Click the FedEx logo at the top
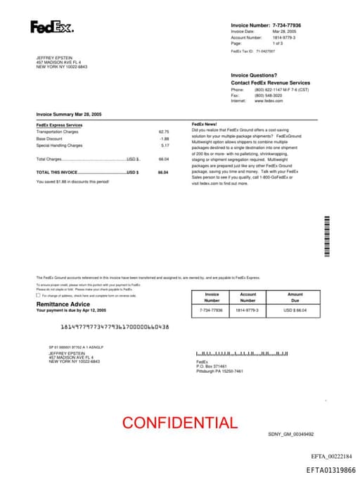pyautogui.click(x=51, y=27)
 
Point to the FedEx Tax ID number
pyautogui.click(x=266, y=51)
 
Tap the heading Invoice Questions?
pyautogui.click(x=254, y=75)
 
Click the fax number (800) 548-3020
pyautogui.click(x=269, y=96)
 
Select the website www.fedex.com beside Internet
pyautogui.click(x=269, y=101)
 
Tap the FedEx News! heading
pyautogui.click(x=204, y=125)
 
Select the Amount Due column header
pyautogui.click(x=295, y=297)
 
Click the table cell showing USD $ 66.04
pyautogui.click(x=295, y=310)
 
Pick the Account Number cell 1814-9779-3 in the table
pyautogui.click(x=247, y=310)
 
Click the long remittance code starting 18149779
pyautogui.click(x=115, y=326)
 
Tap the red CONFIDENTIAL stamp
pyautogui.click(x=180, y=423)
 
